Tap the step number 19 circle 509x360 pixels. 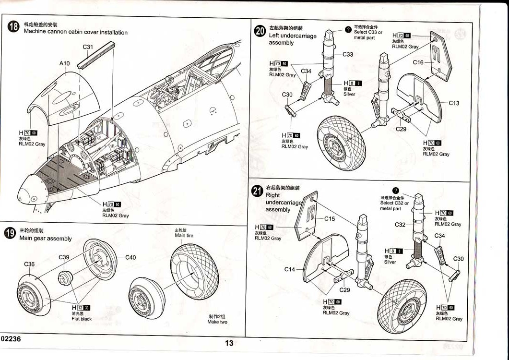10,234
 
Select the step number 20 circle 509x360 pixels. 260,31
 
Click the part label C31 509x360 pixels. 88,47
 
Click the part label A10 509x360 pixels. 65,63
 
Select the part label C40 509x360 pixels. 130,257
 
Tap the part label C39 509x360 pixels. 64,257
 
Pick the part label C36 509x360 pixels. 29,264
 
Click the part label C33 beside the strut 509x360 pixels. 348,54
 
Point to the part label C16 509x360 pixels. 418,62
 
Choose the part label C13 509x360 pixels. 454,103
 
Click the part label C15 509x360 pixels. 330,218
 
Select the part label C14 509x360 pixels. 290,269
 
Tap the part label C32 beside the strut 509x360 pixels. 400,225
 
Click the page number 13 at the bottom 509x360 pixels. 229,343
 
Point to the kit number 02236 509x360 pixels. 11,338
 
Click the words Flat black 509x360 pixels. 82,319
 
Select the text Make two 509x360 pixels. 217,322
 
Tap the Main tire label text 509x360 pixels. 184,236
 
